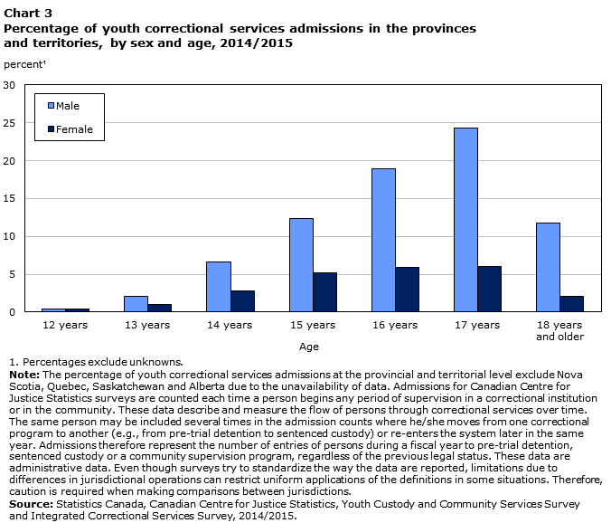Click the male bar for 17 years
(465, 220)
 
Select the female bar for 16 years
(408, 290)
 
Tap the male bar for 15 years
(301, 265)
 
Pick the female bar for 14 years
(243, 301)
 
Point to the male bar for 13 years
(136, 304)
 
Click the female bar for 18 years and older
(571, 304)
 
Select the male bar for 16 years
(383, 241)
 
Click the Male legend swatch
(51, 106)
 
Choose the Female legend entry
(70, 129)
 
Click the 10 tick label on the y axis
(9, 236)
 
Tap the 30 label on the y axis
(9, 85)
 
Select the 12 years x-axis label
(65, 325)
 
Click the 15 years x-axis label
(313, 325)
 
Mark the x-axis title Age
(309, 347)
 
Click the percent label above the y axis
(24, 64)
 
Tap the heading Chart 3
(28, 14)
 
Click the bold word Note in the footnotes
(24, 375)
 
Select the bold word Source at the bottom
(31, 504)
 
